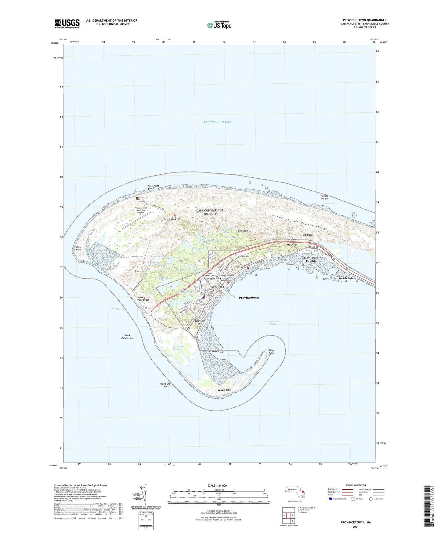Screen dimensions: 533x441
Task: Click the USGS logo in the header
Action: [x=67, y=23]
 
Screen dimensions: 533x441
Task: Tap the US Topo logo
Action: [x=219, y=25]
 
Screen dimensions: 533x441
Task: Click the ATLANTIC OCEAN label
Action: [x=217, y=122]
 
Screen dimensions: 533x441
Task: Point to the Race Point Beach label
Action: [x=153, y=187]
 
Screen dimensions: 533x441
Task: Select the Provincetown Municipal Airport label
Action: [x=141, y=210]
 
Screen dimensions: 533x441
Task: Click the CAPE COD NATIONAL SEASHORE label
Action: [x=211, y=212]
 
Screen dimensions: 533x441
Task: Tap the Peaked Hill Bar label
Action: [x=324, y=197]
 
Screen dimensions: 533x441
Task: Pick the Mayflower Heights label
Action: [x=311, y=259]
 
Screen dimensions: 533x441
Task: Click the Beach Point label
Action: [x=347, y=278]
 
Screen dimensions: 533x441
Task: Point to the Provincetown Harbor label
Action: [x=273, y=323]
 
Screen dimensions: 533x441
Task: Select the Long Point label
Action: [x=271, y=351]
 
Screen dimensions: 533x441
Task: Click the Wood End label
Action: [x=224, y=390]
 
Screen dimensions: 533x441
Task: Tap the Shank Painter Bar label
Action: [x=127, y=337]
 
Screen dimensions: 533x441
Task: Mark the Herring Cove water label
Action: [x=117, y=309]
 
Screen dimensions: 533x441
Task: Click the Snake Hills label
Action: [x=140, y=271]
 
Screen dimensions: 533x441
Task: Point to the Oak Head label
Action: [x=243, y=231]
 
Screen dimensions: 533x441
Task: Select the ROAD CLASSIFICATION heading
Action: [x=355, y=485]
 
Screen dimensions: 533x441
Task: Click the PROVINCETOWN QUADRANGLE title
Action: [x=364, y=20]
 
